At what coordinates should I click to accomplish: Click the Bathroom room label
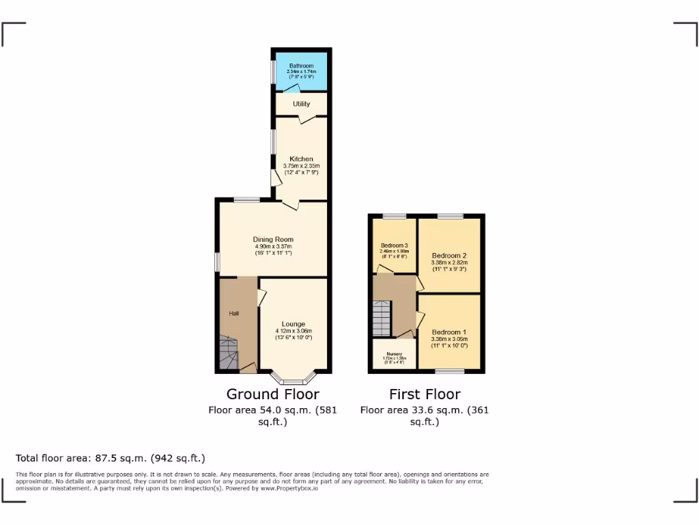click(301, 66)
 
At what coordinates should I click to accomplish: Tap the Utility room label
click(301, 104)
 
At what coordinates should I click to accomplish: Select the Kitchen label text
click(301, 159)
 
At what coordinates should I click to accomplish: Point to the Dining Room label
click(273, 239)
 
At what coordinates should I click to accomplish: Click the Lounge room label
click(294, 324)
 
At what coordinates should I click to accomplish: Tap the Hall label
click(234, 313)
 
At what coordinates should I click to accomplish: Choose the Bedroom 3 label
click(395, 245)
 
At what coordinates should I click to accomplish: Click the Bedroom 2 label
click(448, 255)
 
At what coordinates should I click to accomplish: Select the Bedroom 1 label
click(448, 332)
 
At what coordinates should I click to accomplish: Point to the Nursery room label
click(393, 355)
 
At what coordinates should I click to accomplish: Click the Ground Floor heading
click(272, 394)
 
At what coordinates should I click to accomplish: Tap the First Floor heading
click(425, 394)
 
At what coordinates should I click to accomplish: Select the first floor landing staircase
click(382, 318)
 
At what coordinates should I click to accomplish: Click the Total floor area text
click(110, 458)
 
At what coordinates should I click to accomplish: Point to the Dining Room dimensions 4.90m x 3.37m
click(273, 247)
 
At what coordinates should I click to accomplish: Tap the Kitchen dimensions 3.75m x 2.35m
click(301, 166)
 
